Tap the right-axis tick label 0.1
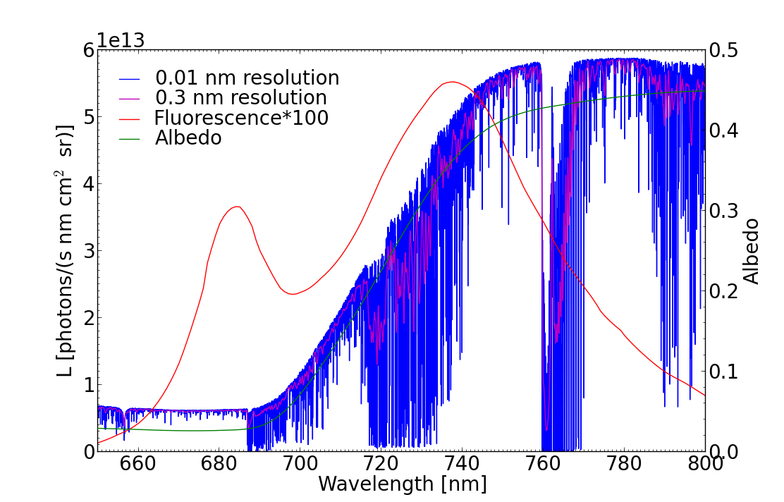726,372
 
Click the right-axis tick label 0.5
726,51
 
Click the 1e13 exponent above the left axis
121,40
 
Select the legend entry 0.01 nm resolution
247,78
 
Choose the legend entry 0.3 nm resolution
241,98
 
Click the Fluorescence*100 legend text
242,118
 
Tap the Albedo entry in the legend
188,138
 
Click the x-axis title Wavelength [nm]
403,484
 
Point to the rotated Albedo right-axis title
752,251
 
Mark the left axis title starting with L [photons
65,250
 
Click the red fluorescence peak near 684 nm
237,207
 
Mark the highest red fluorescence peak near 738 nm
451,82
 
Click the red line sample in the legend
130,118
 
